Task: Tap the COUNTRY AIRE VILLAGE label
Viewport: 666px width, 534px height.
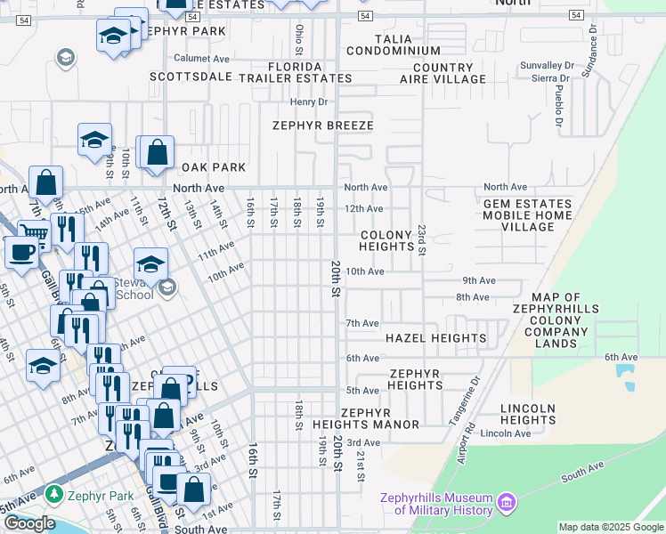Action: (x=443, y=73)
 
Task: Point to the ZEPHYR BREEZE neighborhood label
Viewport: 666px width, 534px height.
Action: (x=322, y=125)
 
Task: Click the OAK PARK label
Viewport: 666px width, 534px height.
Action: (x=213, y=167)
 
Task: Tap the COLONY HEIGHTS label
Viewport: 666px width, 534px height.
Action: (x=386, y=240)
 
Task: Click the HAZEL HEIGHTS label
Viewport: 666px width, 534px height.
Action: (x=435, y=338)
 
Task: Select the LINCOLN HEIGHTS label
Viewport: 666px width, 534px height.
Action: (x=528, y=414)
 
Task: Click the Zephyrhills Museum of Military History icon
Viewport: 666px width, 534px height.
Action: (x=507, y=503)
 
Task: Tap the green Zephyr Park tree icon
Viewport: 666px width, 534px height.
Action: (x=54, y=493)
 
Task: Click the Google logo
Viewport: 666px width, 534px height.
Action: (x=29, y=522)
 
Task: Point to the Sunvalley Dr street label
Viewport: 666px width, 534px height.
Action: (x=547, y=66)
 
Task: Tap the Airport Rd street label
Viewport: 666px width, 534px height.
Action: (x=466, y=436)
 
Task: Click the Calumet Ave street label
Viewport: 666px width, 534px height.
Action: (x=202, y=58)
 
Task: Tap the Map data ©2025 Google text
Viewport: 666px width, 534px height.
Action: (x=611, y=527)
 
